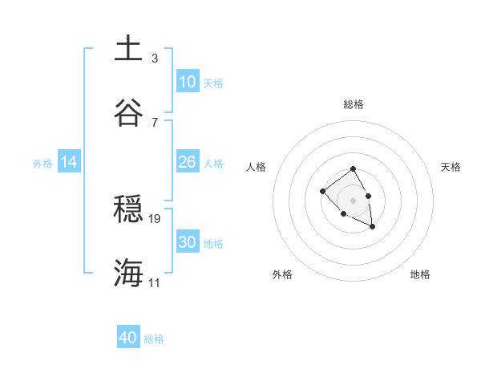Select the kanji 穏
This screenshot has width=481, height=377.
128,209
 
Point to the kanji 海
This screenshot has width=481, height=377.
128,274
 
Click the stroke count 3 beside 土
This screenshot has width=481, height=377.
155,58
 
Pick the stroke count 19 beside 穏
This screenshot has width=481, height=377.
155,218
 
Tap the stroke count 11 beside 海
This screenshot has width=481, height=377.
155,282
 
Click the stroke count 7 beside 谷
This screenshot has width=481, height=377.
155,122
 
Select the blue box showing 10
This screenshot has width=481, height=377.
188,82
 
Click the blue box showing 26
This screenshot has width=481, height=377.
188,162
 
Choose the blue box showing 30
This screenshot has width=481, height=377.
188,242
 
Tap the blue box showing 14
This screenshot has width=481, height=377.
69,162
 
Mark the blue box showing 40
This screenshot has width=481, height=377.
128,338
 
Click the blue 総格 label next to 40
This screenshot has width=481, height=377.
154,339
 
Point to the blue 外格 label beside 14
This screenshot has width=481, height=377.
42,164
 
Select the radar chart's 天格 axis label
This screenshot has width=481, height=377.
451,167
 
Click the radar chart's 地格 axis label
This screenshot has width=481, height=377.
420,274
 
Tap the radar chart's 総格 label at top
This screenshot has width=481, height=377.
353,104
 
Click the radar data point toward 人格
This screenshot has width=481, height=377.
322,191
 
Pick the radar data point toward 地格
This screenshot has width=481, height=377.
373,227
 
